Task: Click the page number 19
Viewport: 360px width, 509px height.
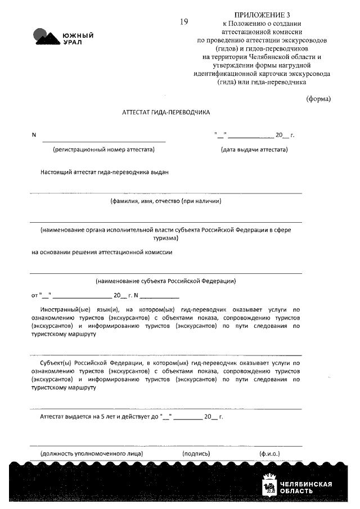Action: coord(184,22)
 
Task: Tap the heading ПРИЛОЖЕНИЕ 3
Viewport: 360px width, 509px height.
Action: coord(262,14)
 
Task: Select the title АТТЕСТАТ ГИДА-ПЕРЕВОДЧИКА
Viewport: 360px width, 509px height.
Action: coord(166,112)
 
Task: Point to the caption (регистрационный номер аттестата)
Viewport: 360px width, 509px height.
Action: coord(103,150)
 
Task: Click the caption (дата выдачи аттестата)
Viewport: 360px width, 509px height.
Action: coord(254,150)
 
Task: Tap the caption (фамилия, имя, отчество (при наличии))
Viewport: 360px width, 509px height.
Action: coord(165,201)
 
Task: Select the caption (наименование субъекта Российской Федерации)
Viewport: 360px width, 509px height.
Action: coord(165,281)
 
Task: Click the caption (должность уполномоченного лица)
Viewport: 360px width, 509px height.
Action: coord(91,453)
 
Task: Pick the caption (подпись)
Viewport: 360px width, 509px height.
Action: coord(196,453)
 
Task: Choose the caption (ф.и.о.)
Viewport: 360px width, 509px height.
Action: coord(269,453)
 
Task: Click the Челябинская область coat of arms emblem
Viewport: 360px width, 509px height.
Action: coord(269,487)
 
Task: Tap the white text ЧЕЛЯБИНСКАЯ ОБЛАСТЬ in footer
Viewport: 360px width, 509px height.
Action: coord(305,487)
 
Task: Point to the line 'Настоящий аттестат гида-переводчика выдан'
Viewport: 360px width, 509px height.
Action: coord(105,172)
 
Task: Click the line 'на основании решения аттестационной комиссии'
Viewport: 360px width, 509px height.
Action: coord(102,252)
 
